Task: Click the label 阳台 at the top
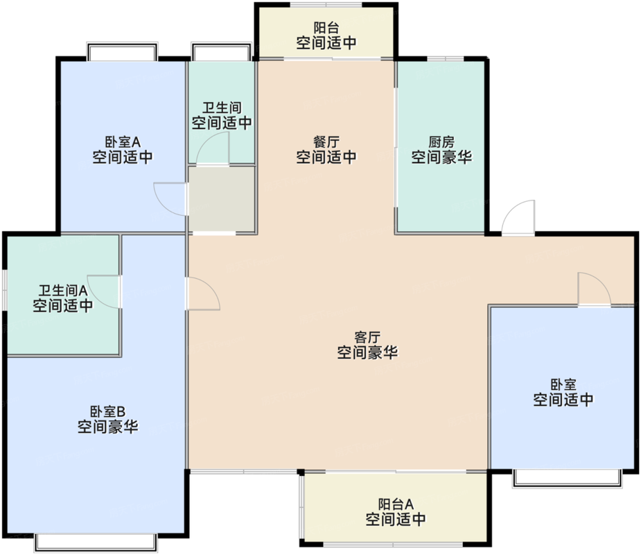point(326,28)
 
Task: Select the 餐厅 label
point(326,142)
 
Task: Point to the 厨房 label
point(441,142)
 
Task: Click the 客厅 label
point(367,337)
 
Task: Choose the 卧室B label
point(107,411)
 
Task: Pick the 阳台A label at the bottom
point(396,504)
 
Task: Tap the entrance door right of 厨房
point(519,217)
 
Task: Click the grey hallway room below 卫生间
point(222,199)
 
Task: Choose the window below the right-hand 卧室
point(565,478)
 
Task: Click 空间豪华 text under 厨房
point(441,157)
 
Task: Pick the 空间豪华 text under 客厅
point(367,352)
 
